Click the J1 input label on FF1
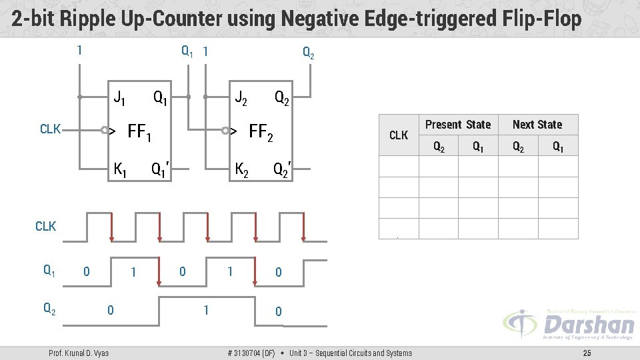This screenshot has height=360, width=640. pyautogui.click(x=120, y=99)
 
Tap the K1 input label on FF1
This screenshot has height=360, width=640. pyautogui.click(x=121, y=170)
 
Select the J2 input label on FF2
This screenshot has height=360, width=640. pyautogui.click(x=241, y=99)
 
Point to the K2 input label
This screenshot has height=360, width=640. pyautogui.click(x=241, y=170)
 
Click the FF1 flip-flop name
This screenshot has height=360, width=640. pyautogui.click(x=139, y=133)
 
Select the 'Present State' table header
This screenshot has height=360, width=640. pyautogui.click(x=458, y=125)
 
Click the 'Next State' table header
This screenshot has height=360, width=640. pyautogui.click(x=537, y=125)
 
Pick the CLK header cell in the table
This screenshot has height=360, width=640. pyautogui.click(x=399, y=135)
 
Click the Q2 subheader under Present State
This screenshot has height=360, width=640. pyautogui.click(x=439, y=147)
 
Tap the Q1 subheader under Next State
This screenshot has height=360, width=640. pyautogui.click(x=558, y=147)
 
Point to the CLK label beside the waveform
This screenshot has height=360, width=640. pyautogui.click(x=46, y=227)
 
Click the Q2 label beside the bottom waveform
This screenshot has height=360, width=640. pyautogui.click(x=49, y=308)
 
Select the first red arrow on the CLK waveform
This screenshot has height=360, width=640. pyautogui.click(x=111, y=227)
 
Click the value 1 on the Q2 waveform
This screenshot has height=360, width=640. pyautogui.click(x=205, y=310)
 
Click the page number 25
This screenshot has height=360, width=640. pyautogui.click(x=587, y=353)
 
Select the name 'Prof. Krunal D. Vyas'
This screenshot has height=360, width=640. pyautogui.click(x=79, y=353)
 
